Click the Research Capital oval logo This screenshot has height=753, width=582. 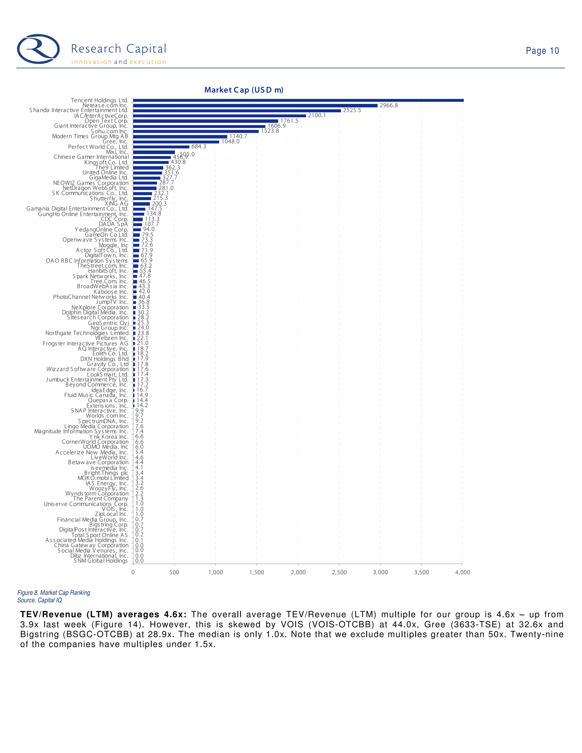tap(38, 49)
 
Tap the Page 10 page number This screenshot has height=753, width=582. tap(542, 51)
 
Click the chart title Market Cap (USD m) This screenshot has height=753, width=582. tap(244, 90)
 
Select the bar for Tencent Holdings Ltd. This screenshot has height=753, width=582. tap(298, 100)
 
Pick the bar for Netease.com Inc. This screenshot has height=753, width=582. tap(255, 105)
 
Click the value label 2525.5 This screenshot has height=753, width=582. tap(352, 110)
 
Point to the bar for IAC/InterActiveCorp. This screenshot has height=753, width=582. tap(219, 116)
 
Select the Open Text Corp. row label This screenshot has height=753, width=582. tap(106, 121)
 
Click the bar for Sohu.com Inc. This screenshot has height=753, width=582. tap(196, 131)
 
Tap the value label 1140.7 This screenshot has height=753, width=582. tap(238, 136)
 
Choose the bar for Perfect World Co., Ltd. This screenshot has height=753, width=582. tap(161, 147)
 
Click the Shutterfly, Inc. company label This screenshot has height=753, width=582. tap(109, 199)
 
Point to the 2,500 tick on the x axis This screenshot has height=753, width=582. tap(339, 572)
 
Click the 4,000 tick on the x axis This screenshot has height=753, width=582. tap(462, 572)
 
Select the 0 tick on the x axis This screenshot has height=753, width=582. tap(133, 572)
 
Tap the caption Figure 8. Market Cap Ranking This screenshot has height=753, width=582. tap(54, 593)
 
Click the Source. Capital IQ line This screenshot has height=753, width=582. tap(40, 600)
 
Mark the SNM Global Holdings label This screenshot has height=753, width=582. tap(101, 561)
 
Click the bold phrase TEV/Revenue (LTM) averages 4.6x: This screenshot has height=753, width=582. tap(103, 615)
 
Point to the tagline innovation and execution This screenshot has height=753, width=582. tap(119, 62)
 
